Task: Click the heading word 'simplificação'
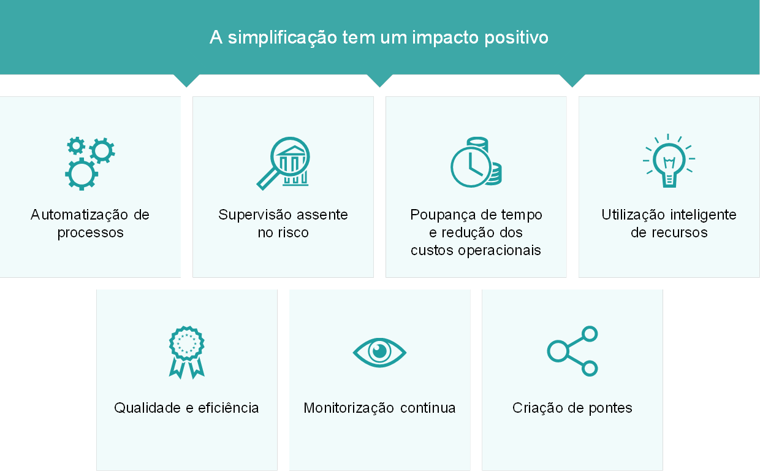283,37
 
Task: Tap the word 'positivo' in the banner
516,37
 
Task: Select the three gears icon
90,163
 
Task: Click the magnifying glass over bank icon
283,163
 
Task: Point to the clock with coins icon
476,162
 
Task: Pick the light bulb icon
669,161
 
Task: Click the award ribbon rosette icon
186,353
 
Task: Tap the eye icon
379,353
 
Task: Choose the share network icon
572,351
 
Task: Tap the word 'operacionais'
499,250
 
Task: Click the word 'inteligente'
703,215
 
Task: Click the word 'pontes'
610,408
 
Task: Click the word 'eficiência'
228,408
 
